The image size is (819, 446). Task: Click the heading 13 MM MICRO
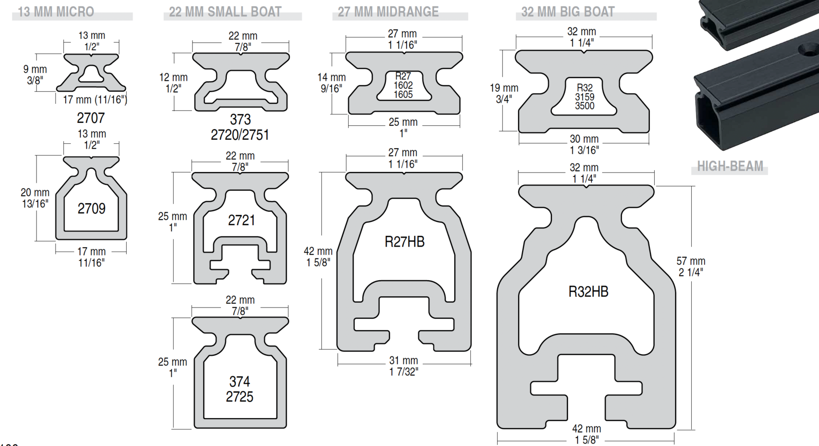[x=56, y=12]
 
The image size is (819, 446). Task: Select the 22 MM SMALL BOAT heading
[x=225, y=12]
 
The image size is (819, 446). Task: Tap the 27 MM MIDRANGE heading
[x=388, y=12]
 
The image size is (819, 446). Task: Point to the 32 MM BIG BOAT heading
[x=568, y=12]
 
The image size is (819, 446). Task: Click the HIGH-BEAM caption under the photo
[x=730, y=166]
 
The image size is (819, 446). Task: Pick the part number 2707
[x=91, y=118]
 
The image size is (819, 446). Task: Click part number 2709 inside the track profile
[x=92, y=209]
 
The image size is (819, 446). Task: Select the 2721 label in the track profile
[x=241, y=220]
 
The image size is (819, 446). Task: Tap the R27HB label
[x=405, y=242]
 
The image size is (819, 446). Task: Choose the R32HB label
[x=588, y=291]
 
